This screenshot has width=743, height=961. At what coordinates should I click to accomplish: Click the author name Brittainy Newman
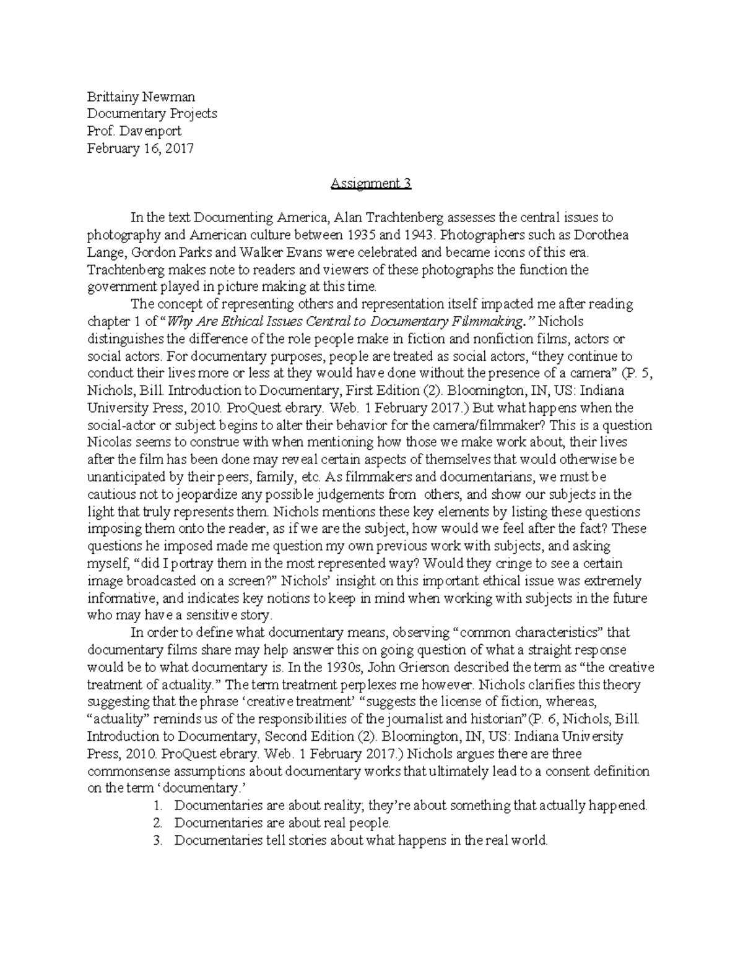click(x=141, y=97)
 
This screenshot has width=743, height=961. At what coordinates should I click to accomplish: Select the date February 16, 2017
click(x=141, y=149)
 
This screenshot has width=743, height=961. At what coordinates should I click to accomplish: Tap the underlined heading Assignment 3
click(x=371, y=183)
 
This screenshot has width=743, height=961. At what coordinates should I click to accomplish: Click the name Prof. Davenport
click(x=134, y=131)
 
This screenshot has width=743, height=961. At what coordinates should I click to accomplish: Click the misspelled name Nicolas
click(x=109, y=442)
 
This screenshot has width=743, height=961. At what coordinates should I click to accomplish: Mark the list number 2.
click(x=158, y=823)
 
